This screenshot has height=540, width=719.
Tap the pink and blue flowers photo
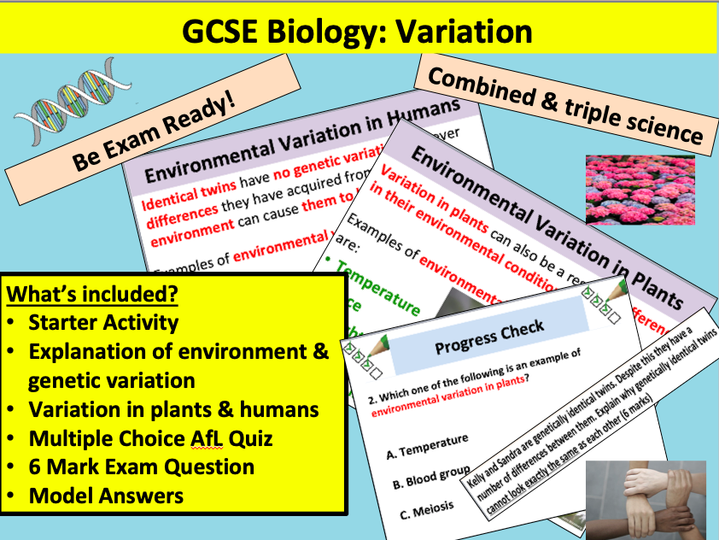[640, 189]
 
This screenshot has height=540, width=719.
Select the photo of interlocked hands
[645, 499]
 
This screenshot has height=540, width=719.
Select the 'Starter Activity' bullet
[103, 322]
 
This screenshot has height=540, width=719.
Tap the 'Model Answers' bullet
[106, 496]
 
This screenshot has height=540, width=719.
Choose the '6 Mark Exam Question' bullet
[141, 467]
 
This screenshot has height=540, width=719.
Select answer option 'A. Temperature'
[435, 444]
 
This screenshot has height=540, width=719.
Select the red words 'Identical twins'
[184, 197]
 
